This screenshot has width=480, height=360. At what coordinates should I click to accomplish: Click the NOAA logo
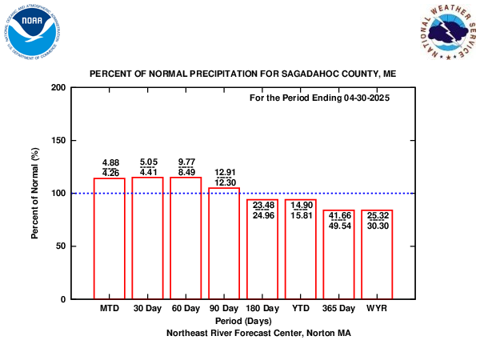(x=33, y=32)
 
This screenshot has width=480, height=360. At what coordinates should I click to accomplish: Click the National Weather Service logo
(x=449, y=32)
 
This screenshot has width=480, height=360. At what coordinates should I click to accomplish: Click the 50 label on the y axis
(x=61, y=246)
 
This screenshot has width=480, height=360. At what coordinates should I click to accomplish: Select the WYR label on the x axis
(x=377, y=308)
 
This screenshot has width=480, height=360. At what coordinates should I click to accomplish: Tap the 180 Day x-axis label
(x=262, y=308)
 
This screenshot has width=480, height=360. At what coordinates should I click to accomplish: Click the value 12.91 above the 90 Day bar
(x=226, y=172)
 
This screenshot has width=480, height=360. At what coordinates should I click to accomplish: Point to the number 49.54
(x=340, y=226)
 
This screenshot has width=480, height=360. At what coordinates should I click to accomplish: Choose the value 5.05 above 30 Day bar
(x=149, y=162)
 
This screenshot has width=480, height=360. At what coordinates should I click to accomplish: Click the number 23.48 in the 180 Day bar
(x=263, y=205)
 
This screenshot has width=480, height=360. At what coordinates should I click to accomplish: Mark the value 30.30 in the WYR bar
(x=378, y=226)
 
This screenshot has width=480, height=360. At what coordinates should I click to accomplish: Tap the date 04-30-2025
(x=366, y=98)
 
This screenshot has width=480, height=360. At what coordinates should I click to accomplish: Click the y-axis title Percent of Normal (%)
(x=35, y=194)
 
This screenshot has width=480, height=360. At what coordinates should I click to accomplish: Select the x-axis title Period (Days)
(x=243, y=321)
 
